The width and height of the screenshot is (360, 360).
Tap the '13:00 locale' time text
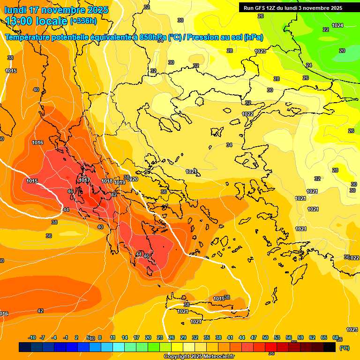[x=36, y=21]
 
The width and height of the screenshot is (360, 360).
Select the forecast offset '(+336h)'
[x=83, y=21]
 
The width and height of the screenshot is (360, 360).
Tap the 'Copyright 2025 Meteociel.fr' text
[x=199, y=357]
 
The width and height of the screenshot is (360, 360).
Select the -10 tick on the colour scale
[x=32, y=337]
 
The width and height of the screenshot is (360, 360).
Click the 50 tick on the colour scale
[x=265, y=337]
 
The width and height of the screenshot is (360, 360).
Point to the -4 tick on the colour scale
[x=54, y=337]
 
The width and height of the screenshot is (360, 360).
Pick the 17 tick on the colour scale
[x=136, y=337]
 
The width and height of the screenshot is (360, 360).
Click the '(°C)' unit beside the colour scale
[x=344, y=348]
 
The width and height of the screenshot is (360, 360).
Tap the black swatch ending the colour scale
[x=330, y=347]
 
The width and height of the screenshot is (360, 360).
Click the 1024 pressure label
[x=337, y=25]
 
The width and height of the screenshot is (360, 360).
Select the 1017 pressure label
[x=84, y=180]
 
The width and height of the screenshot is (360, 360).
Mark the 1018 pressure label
[x=107, y=181]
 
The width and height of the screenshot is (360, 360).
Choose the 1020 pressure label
[x=133, y=179]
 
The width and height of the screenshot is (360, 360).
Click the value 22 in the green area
[x=326, y=29]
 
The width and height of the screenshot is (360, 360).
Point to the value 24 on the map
[x=308, y=65]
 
